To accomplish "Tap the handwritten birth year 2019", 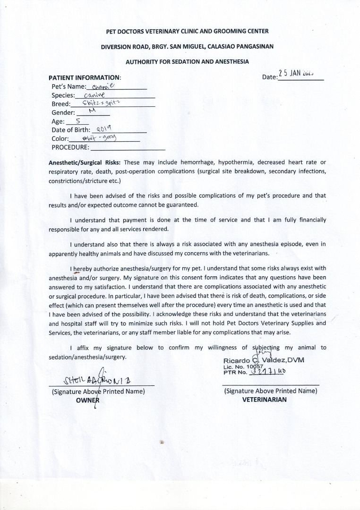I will (103, 129).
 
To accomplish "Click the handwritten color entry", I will (99, 137).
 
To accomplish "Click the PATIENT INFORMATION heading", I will (85, 77).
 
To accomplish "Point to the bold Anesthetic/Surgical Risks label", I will (85, 162).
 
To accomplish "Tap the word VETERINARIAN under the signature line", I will (264, 399).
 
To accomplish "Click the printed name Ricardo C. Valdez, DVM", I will (264, 360).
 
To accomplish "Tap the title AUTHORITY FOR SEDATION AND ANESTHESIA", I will (187, 62).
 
